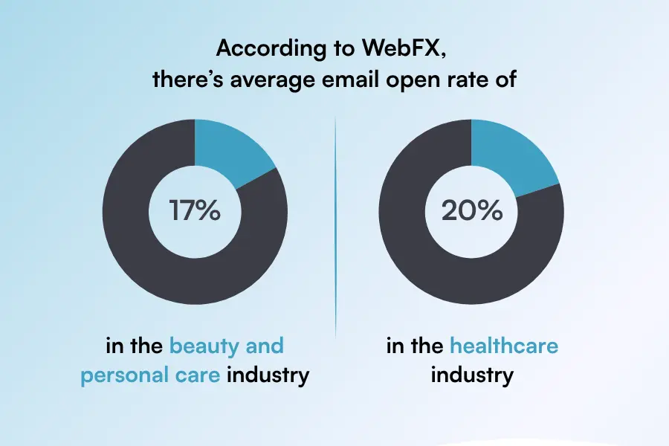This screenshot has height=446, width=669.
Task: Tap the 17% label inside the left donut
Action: pos(195,211)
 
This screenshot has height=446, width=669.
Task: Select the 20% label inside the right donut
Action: pos(471,211)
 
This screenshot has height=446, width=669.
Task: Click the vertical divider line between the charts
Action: pos(335,223)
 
